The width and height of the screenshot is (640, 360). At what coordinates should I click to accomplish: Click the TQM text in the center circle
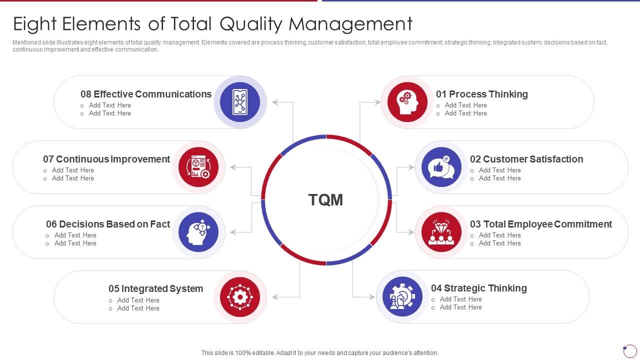(x=325, y=200)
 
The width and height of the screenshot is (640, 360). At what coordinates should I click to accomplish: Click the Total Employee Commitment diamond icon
(x=441, y=232)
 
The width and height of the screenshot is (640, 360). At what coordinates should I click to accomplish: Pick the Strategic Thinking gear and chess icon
(x=402, y=297)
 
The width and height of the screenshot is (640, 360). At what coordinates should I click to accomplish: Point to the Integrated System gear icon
(x=240, y=297)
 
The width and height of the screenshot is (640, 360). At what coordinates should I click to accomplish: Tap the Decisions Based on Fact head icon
(x=198, y=232)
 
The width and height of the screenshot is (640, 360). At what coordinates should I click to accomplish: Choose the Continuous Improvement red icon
(x=198, y=167)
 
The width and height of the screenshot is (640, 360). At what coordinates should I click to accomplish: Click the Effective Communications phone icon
(x=240, y=102)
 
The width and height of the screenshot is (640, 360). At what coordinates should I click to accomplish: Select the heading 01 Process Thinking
(x=481, y=94)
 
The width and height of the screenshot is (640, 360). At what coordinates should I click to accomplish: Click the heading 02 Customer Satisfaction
(x=526, y=159)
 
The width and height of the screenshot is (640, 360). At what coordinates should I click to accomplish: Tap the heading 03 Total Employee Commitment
(x=540, y=224)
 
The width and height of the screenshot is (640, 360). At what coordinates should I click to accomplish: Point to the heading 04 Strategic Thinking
(x=478, y=288)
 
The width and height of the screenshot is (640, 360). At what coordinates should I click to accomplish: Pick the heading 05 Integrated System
(x=155, y=288)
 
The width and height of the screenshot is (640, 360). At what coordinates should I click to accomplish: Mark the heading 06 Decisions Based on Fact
(x=108, y=224)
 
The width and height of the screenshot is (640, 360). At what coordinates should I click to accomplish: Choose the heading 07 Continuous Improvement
(x=106, y=159)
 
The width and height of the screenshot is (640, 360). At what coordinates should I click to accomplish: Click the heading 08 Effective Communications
(x=146, y=94)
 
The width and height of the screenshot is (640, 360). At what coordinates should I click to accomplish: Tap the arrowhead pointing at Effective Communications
(x=275, y=102)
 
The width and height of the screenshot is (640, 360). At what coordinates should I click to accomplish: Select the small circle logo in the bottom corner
(x=629, y=350)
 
